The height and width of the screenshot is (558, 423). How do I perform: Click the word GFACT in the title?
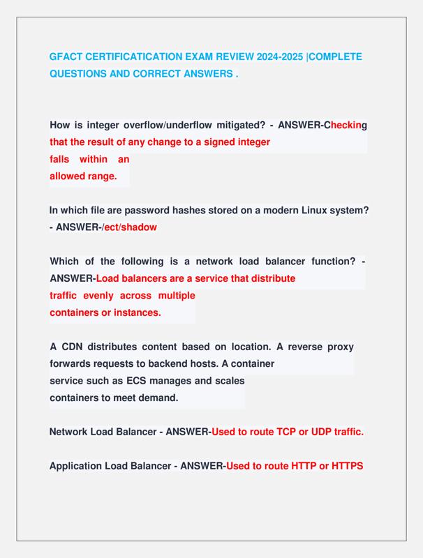66,56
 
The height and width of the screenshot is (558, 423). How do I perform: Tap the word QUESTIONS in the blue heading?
82,73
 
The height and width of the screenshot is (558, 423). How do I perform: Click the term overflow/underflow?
165,126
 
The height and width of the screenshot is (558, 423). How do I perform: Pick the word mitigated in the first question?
239,126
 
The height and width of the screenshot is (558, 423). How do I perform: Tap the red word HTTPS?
343,466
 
